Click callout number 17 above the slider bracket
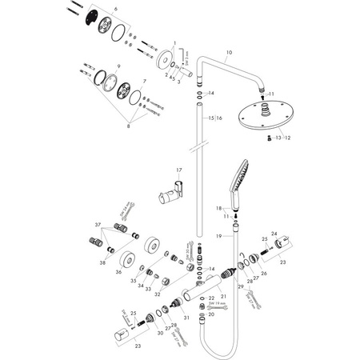(180, 170)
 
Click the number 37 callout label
(98, 225)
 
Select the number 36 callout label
(119, 273)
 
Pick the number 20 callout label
(212, 315)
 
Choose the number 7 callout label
(144, 82)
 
